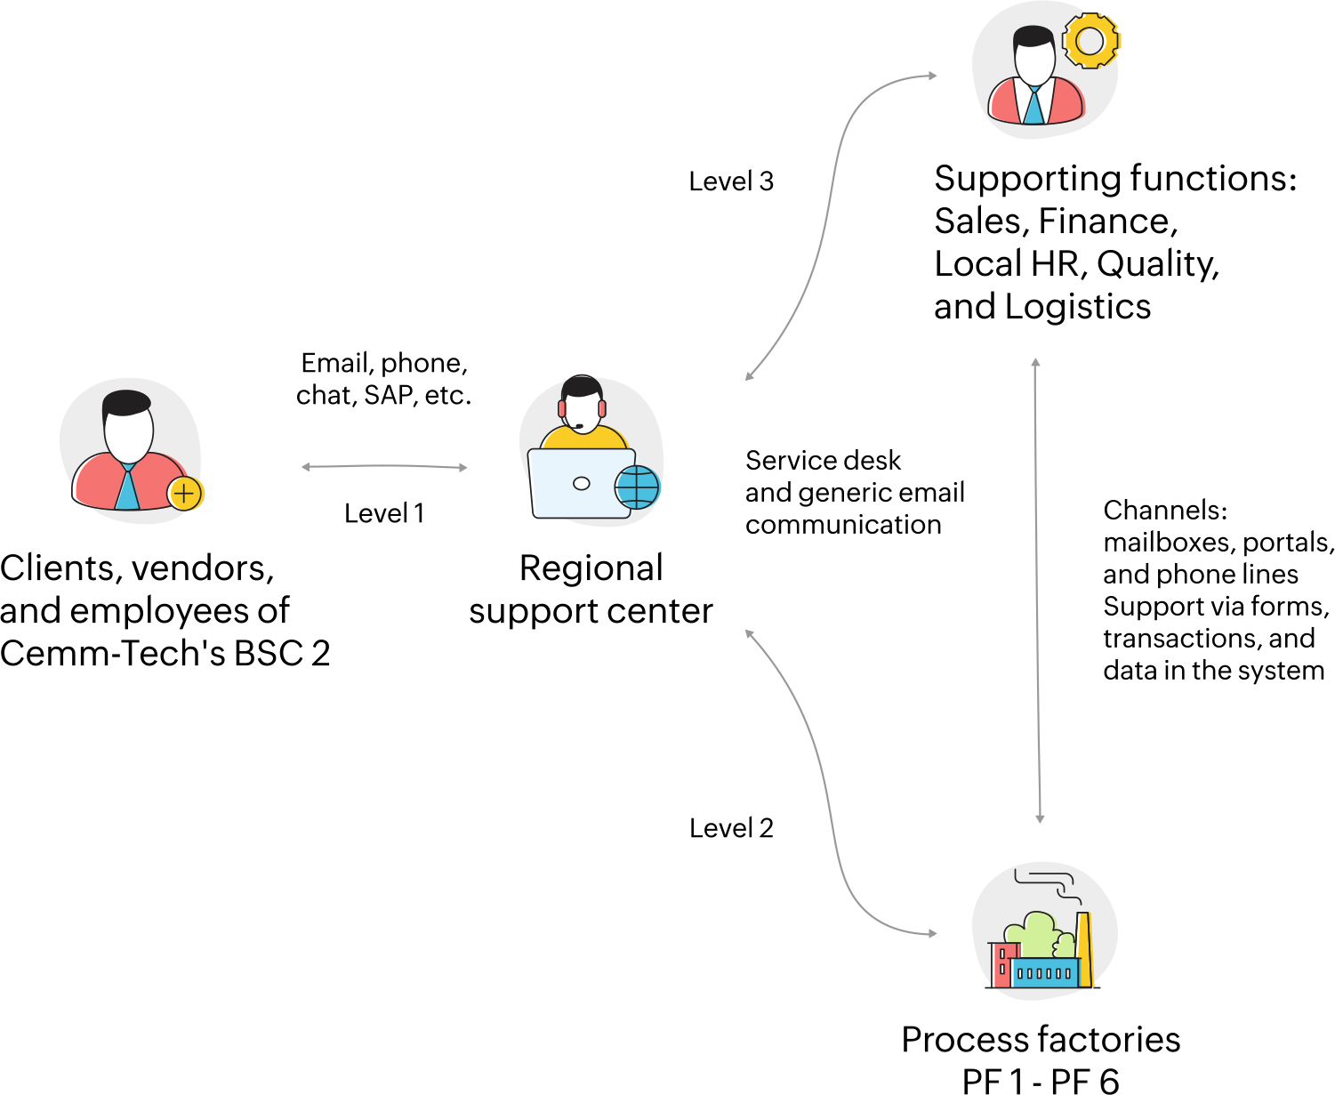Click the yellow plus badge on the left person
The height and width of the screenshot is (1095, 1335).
pos(185,493)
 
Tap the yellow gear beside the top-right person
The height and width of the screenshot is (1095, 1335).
pos(1090,41)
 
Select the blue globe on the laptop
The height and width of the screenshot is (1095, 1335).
pos(638,487)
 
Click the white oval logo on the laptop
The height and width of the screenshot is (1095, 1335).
pos(582,483)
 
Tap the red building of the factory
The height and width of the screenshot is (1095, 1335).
pos(1001,965)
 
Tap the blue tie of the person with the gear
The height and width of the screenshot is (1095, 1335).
pos(1033,106)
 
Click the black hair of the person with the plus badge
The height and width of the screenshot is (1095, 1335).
pos(126,402)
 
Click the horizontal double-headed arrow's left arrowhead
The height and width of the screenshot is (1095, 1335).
pos(305,467)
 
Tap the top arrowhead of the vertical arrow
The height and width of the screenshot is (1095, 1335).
pos(1035,362)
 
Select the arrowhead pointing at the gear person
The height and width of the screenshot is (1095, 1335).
pos(933,76)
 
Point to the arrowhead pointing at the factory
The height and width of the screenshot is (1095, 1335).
pos(933,934)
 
